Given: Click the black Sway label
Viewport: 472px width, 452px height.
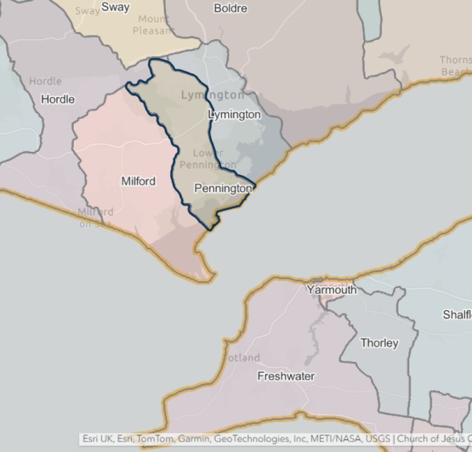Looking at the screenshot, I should (x=115, y=7).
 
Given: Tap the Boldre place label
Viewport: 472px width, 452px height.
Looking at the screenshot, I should (x=231, y=8).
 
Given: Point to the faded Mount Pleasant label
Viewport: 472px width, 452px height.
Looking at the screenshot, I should (x=153, y=25).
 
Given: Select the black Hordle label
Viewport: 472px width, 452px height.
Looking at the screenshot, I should (x=58, y=99).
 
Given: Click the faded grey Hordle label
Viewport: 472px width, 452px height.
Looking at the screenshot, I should (x=46, y=82).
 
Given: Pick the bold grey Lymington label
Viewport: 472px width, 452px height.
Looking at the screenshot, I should (x=213, y=95).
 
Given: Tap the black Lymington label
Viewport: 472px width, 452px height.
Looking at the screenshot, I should (x=234, y=115).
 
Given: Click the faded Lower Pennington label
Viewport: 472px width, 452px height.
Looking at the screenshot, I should (x=207, y=158).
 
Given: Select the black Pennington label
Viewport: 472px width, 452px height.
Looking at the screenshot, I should (x=223, y=188).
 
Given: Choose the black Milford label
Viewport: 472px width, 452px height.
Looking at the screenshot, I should (x=138, y=181).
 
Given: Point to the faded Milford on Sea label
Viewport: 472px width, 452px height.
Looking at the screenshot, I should (x=95, y=218).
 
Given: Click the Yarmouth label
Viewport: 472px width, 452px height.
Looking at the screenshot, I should (x=332, y=290).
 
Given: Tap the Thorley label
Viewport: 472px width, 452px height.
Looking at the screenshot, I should (x=379, y=342).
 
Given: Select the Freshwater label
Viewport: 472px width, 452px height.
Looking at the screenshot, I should (x=286, y=376).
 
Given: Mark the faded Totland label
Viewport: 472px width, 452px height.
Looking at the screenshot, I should (x=242, y=357).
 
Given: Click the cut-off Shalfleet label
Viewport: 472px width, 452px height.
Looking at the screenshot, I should (x=457, y=315).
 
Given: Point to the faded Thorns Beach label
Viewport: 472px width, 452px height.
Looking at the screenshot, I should (x=455, y=66).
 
